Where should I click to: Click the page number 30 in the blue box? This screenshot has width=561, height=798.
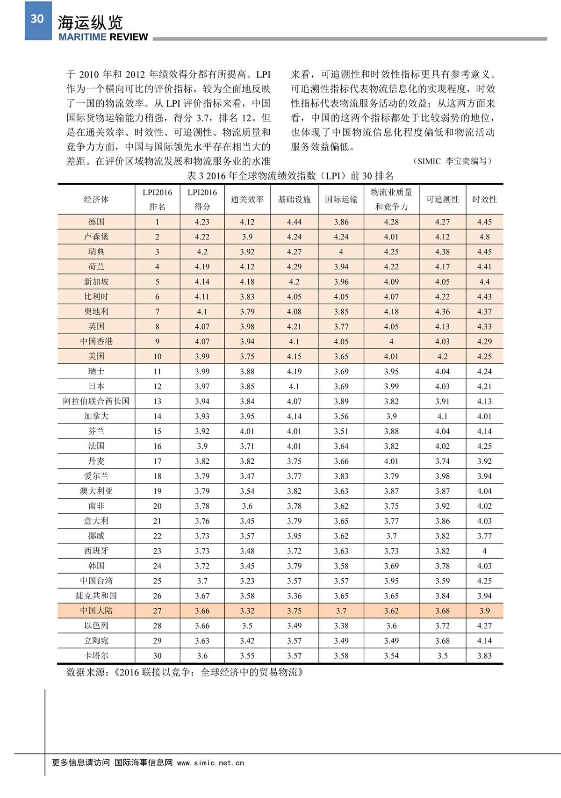click(x=37, y=19)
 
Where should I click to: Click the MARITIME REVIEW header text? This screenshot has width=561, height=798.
click(x=103, y=37)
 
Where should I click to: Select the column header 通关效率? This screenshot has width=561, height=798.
click(x=247, y=200)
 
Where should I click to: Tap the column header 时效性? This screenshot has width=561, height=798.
click(x=484, y=200)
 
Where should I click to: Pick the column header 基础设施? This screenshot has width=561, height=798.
click(x=294, y=200)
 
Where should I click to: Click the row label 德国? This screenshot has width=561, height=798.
click(x=96, y=222)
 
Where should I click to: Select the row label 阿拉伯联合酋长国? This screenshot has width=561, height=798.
click(x=96, y=401)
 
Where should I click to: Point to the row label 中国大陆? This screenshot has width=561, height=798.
click(x=96, y=611)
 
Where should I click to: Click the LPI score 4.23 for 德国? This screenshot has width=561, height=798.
click(x=202, y=222)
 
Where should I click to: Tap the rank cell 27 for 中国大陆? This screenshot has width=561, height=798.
click(x=157, y=611)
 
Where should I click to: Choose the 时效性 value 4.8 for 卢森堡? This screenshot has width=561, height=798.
click(x=484, y=237)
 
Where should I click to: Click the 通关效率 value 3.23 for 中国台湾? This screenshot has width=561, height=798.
click(x=247, y=581)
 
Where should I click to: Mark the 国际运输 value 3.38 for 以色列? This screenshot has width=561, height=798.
click(x=341, y=626)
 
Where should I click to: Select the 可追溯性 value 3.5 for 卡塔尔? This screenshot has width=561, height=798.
click(x=442, y=656)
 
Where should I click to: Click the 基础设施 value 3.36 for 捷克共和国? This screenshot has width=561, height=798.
click(x=294, y=596)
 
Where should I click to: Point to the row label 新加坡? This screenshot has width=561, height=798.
click(x=96, y=281)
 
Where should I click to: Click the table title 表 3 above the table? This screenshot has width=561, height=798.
click(x=290, y=176)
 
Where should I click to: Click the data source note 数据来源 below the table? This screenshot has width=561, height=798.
click(x=185, y=672)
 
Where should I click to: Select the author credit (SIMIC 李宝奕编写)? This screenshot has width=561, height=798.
click(x=453, y=161)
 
